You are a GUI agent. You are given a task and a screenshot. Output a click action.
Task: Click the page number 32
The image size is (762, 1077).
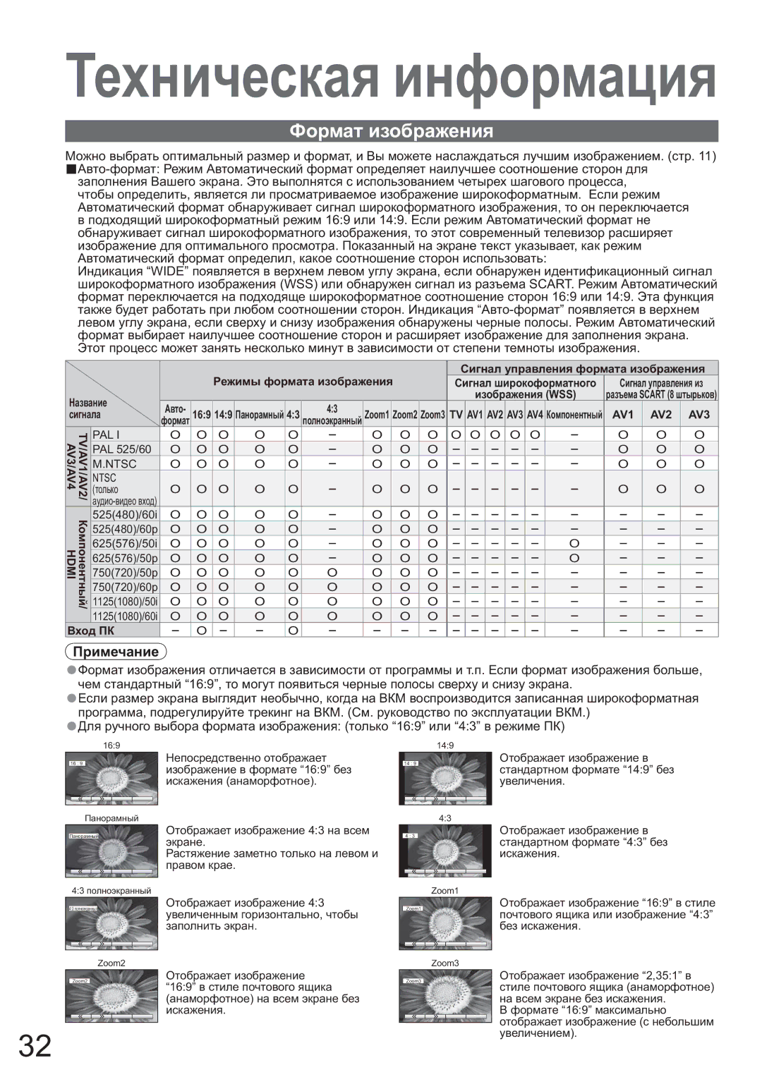[35, 1046]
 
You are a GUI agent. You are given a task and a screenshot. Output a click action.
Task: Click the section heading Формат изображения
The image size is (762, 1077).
[392, 131]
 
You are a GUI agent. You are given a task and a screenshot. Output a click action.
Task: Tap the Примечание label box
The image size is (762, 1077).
[116, 652]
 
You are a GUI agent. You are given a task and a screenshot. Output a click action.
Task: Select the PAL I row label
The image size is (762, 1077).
[107, 434]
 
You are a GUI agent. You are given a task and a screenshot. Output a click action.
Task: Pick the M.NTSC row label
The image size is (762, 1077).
[114, 463]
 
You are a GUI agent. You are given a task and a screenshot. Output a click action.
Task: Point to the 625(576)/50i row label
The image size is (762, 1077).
[124, 543]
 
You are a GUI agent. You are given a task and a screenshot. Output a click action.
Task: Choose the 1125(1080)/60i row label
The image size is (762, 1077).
[124, 616]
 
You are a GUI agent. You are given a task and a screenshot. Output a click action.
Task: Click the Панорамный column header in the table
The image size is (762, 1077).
[260, 415]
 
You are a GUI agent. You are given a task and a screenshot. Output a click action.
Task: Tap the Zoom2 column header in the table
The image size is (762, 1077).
[405, 415]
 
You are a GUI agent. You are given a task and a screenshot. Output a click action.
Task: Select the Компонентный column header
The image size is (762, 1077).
[574, 415]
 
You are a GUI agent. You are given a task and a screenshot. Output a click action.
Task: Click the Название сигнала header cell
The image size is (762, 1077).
[89, 408]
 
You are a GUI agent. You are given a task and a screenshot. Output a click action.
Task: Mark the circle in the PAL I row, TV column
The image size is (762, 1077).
[456, 434]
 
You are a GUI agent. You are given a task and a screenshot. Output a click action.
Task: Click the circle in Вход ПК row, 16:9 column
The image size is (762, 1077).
[201, 630]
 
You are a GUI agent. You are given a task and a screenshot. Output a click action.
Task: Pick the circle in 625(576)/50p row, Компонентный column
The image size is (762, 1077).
[574, 558]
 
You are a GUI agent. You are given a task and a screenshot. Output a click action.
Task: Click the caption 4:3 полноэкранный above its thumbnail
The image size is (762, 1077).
[111, 891]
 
